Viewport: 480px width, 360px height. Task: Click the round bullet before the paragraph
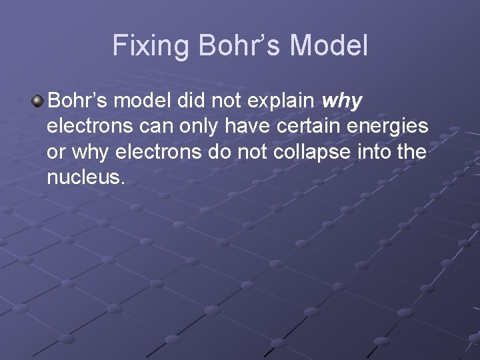(38, 101)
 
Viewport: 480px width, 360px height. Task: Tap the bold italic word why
(342, 102)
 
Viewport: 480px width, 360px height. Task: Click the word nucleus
(85, 177)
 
